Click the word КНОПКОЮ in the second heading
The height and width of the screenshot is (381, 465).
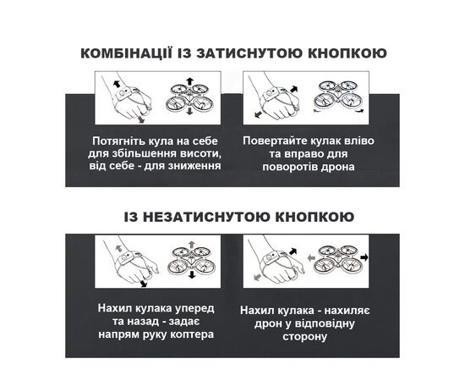(315, 217)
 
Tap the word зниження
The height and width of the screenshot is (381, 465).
(194, 166)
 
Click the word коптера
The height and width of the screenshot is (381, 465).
(192, 334)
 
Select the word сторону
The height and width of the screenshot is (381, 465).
(304, 337)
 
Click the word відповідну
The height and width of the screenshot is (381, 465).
(325, 323)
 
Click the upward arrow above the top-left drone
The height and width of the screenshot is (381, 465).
(189, 82)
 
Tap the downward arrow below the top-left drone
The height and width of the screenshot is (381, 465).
(189, 111)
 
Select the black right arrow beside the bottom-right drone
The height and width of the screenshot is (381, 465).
(364, 257)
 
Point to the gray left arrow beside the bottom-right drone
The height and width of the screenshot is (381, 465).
(311, 257)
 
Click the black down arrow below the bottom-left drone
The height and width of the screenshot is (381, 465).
(192, 274)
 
